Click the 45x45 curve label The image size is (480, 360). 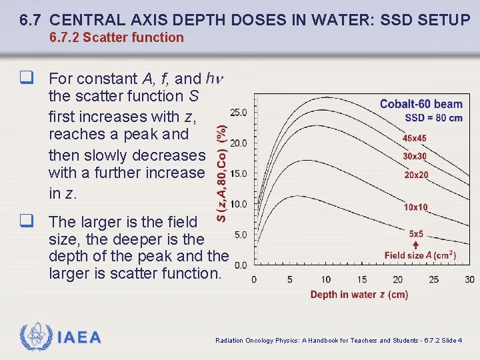(415, 138)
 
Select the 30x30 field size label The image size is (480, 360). (415, 156)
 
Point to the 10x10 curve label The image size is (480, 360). (416, 207)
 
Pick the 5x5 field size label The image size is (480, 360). (416, 234)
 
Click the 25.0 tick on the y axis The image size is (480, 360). (239, 112)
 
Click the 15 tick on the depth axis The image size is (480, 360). (361, 279)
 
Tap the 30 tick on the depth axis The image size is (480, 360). (470, 279)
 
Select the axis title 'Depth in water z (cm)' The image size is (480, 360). (359, 295)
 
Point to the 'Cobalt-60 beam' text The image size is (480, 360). (421, 104)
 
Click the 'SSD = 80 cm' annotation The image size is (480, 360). (433, 118)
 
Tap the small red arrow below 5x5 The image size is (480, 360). (416, 245)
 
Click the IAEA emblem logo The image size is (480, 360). (34, 336)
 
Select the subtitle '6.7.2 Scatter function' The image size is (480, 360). (116, 38)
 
